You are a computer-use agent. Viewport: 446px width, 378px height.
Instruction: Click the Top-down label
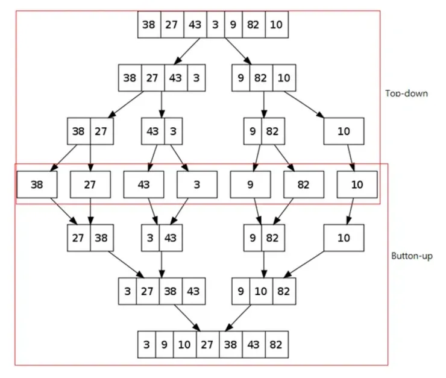406,93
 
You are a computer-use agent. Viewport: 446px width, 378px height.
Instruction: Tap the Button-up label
411,256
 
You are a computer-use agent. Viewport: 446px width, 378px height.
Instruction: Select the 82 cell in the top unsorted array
254,25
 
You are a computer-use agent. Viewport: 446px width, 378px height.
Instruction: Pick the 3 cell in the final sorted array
146,345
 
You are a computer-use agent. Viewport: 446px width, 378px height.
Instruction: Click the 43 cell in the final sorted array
254,345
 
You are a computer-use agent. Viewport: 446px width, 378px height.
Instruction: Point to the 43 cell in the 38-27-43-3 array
175,78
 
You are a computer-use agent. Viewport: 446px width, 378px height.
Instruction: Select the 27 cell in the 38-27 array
101,131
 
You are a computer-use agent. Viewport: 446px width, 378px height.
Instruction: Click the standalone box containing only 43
143,184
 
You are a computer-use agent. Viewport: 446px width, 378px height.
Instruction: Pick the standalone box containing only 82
303,184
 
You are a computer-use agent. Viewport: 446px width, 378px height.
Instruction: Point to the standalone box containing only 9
250,184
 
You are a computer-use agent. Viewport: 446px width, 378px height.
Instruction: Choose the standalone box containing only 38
37,184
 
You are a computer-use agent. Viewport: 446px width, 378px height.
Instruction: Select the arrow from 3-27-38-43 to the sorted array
189,318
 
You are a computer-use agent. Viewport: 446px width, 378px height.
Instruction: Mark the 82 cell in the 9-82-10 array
261,78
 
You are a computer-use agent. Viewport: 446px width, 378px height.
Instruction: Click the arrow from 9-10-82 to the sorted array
239,318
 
